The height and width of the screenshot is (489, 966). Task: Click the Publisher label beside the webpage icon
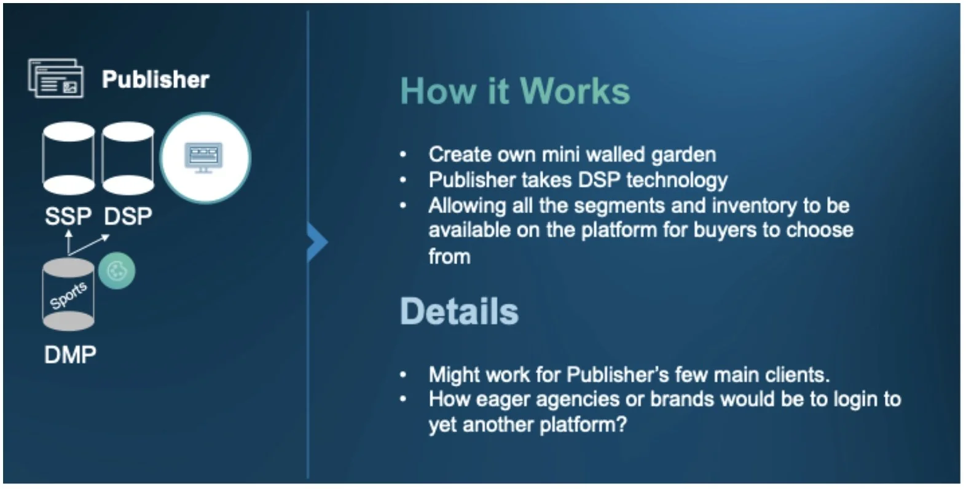[x=155, y=79]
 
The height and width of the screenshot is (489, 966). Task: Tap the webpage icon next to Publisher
[x=56, y=79]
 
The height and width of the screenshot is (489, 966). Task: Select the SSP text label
[x=68, y=216]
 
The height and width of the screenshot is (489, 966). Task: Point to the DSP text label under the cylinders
[x=128, y=216]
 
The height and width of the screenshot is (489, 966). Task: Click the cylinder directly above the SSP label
[x=68, y=158]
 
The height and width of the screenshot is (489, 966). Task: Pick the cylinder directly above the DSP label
[x=128, y=158]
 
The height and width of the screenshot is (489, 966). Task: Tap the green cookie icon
[x=117, y=270]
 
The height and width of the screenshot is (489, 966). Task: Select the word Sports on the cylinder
[x=68, y=295]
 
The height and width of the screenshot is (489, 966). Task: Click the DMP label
[x=70, y=354]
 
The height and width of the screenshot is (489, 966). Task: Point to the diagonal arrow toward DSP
[x=90, y=244]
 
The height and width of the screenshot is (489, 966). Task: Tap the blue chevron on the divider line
[x=317, y=242]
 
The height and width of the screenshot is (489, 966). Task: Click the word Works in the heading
[x=575, y=91]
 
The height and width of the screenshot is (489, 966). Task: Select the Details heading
[x=459, y=311]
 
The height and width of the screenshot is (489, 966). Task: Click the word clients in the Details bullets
[x=798, y=374]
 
